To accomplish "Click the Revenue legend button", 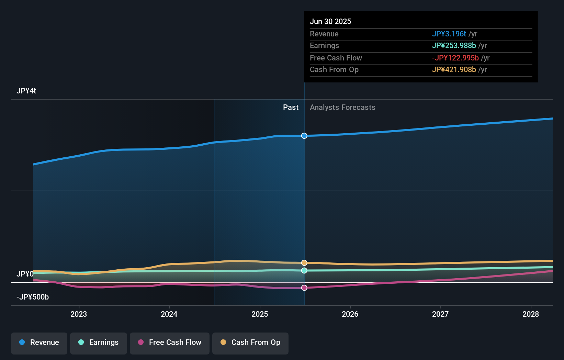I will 39,342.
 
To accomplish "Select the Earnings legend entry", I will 99,342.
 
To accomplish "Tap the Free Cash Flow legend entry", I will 170,342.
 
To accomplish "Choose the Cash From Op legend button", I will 250,342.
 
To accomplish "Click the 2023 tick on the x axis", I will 79,314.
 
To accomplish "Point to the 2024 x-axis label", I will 169,314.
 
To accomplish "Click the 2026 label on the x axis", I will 350,314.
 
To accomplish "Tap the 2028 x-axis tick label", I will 531,314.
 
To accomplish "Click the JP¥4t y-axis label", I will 26,91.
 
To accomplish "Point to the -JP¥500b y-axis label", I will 33,297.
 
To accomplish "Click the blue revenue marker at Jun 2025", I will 304,136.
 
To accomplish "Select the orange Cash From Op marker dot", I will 304,263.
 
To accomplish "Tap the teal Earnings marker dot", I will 304,271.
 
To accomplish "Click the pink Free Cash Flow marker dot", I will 304,288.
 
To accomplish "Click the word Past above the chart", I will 291,108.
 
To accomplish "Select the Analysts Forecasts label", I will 342,108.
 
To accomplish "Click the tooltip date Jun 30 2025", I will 330,22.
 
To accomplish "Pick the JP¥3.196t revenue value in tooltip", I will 449,34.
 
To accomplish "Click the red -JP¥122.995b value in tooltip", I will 455,58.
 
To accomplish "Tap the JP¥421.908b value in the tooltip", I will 454,70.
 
